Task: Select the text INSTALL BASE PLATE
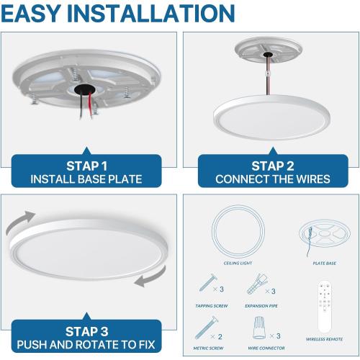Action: click(86, 179)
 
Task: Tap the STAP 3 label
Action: click(86, 331)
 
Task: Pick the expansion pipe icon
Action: click(255, 284)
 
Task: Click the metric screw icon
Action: click(205, 328)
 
